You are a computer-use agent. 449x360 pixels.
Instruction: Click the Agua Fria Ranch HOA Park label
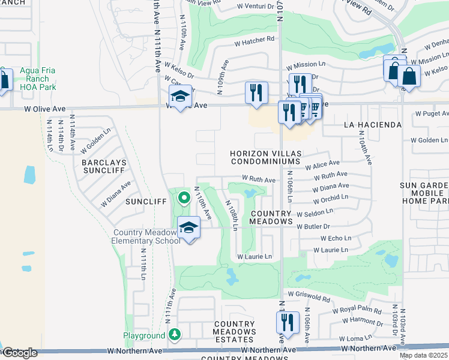click(37, 79)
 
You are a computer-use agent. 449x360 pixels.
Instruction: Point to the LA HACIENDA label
click(372, 125)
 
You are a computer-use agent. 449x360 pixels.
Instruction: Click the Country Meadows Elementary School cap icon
click(188, 229)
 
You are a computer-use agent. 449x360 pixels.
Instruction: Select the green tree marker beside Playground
click(174, 334)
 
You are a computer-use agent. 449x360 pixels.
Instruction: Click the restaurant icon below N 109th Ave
click(256, 92)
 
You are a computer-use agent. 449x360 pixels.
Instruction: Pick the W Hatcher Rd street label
click(254, 42)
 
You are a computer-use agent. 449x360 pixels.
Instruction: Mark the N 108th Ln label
click(232, 212)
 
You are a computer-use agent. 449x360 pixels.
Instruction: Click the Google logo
click(20, 352)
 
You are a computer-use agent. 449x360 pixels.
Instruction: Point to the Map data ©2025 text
click(424, 355)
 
